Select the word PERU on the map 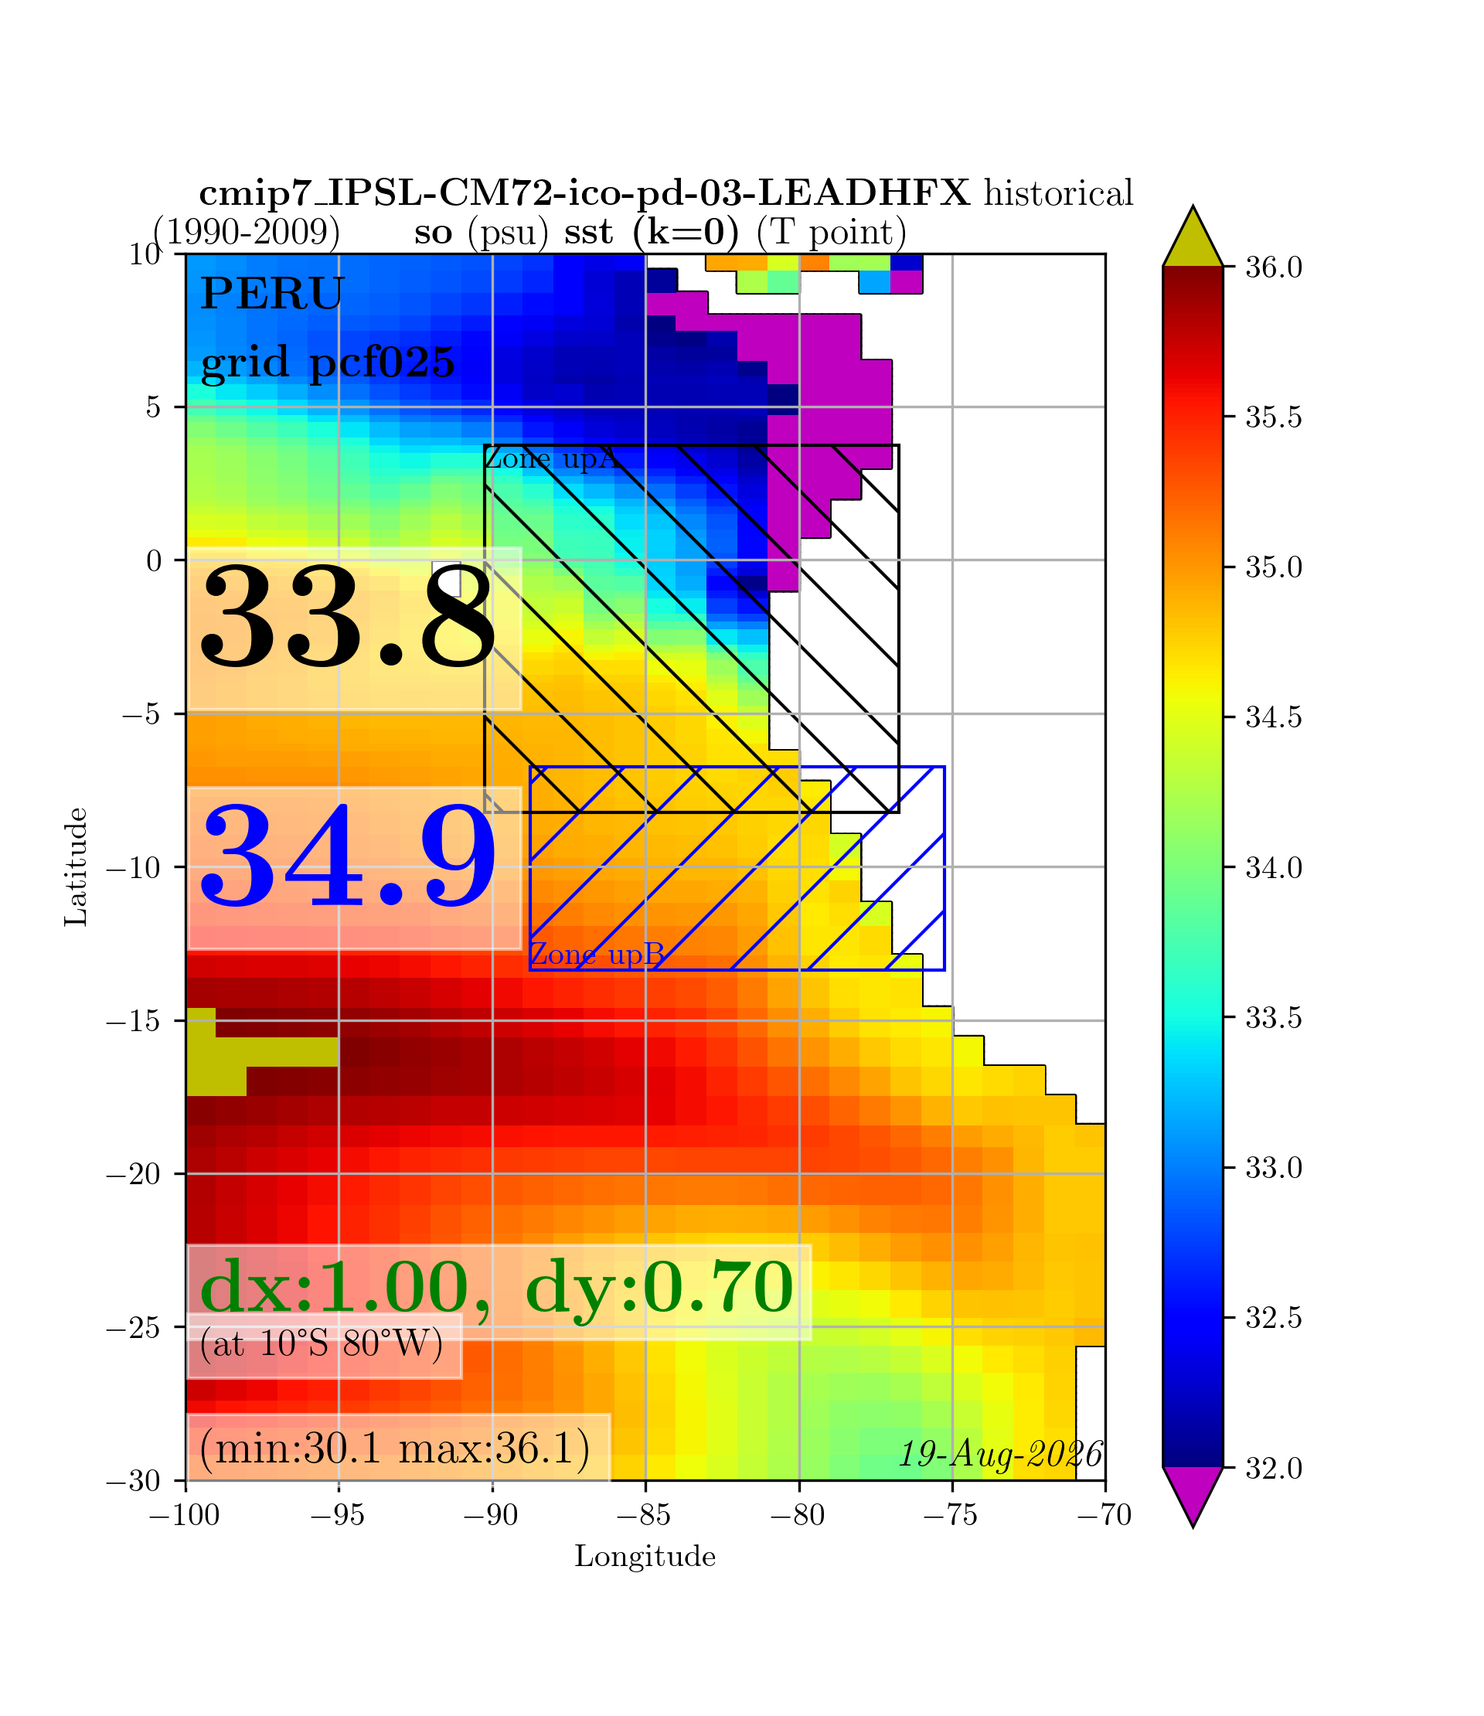(272, 293)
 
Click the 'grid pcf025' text (328, 363)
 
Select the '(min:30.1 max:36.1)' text (395, 1448)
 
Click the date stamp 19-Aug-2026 (1001, 1454)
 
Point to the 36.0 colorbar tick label (1274, 267)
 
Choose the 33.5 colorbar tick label (1274, 1018)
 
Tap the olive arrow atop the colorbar (1193, 237)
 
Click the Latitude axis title (77, 867)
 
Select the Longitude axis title (645, 1556)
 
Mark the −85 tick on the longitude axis (645, 1515)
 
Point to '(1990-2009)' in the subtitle (247, 232)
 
